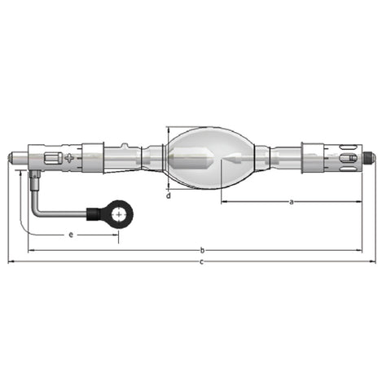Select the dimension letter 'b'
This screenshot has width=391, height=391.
coord(201,250)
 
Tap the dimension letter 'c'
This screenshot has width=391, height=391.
coord(201,261)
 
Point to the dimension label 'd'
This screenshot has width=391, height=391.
coord(168,195)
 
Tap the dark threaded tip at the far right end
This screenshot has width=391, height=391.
coord(370,156)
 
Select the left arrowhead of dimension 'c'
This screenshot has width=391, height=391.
coord(10,261)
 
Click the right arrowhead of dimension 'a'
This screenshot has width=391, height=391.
coord(361,200)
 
